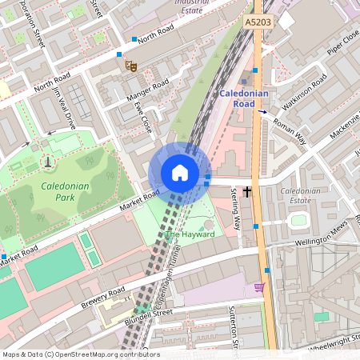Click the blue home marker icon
180,173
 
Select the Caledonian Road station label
247,99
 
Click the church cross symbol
248,191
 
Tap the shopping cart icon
258,286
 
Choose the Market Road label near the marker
140,197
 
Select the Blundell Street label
149,317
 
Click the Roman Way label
290,129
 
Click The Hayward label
190,234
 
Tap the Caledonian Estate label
299,196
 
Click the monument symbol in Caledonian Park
48,162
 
